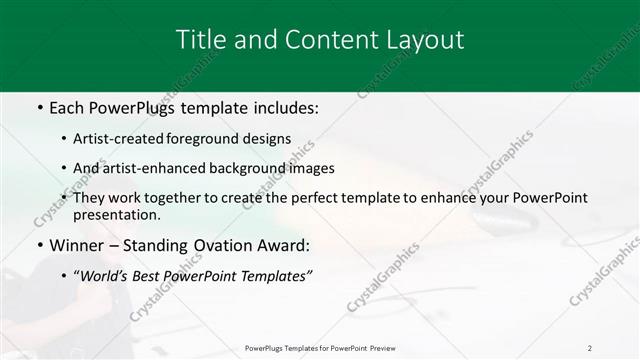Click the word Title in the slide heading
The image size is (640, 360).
tap(198, 40)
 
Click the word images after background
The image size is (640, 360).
tap(313, 168)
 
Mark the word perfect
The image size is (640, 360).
tap(295, 198)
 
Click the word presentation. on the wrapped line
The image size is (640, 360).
tap(116, 214)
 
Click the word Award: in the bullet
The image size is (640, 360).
tap(284, 245)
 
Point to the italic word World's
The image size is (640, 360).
tap(106, 275)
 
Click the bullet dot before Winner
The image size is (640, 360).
tap(38, 245)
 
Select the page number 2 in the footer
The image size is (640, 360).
tap(589, 348)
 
